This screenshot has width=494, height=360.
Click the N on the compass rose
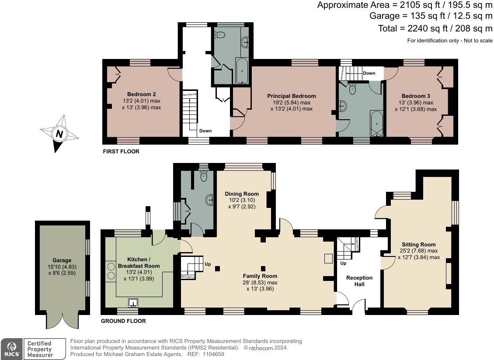coord(59,134)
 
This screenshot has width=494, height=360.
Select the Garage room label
coord(62,260)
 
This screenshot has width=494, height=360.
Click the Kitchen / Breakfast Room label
coord(139,263)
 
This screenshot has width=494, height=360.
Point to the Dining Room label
coord(242,194)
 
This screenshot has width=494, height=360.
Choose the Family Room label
coord(260,276)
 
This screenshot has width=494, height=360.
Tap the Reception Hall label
coord(359,281)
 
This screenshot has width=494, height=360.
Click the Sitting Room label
coord(419,244)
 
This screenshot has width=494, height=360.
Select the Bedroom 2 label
coord(142,94)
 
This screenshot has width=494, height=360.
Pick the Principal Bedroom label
coord(292,96)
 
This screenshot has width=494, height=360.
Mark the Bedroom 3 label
coord(416,96)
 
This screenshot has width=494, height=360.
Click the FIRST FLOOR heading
coord(121,152)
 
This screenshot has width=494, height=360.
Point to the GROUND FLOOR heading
coord(123,321)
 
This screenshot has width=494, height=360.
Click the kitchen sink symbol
coord(133,303)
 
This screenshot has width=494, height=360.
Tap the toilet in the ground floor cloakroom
coord(204,176)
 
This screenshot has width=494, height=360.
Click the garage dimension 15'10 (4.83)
coord(62,267)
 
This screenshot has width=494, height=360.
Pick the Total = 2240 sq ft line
coord(435,28)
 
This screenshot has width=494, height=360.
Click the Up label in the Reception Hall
coord(344,263)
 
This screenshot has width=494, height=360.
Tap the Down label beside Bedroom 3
coord(369,73)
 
